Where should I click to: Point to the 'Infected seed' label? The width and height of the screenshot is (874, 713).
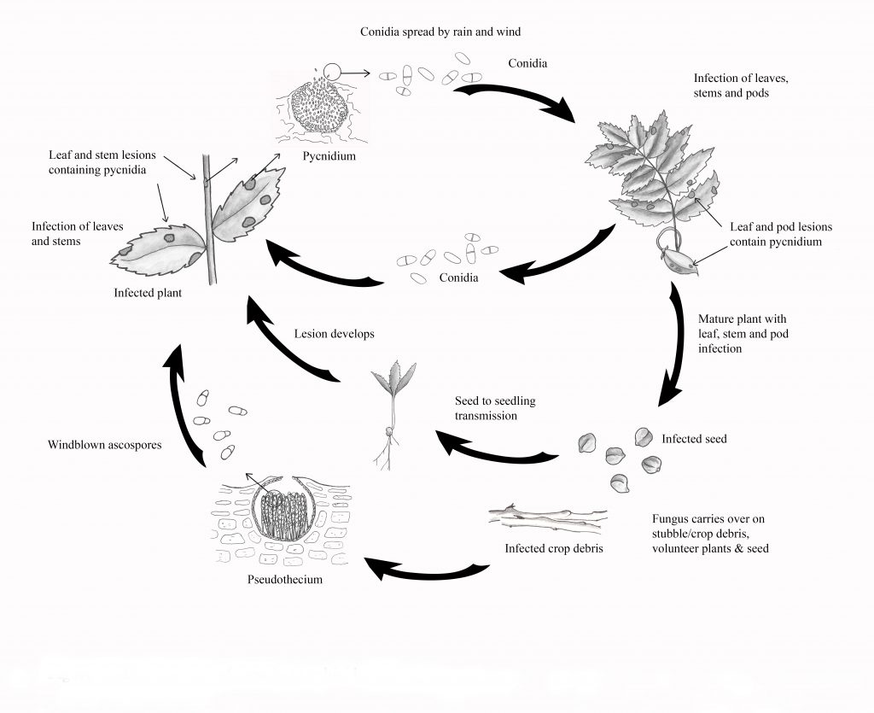(694, 439)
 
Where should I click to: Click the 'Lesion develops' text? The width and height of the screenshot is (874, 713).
(334, 334)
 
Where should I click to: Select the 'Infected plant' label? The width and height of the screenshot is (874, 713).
(148, 293)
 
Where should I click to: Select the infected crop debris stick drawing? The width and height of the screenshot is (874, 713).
(547, 517)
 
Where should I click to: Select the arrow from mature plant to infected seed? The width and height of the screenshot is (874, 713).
(679, 346)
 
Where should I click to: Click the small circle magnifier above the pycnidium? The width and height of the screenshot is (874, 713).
(330, 74)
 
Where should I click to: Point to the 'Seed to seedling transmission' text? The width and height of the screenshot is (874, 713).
(495, 407)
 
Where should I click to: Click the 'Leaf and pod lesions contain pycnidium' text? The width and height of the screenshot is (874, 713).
(780, 234)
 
